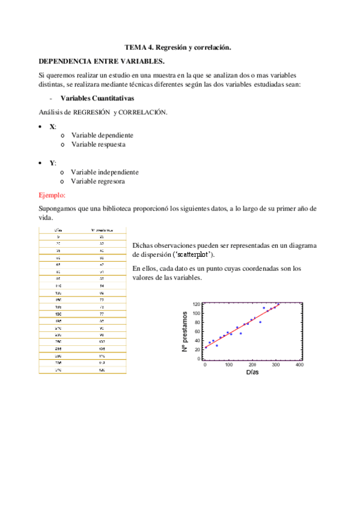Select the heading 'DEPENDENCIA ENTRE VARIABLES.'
coord(101,61)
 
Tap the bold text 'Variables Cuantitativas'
coord(97,99)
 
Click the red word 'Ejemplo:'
coord(52,195)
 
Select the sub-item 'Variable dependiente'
coord(102,135)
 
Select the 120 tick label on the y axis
coord(197,304)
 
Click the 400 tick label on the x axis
coord(299,365)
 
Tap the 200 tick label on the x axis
coord(252,365)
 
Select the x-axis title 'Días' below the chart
coord(252,373)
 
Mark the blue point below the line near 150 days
coord(240,333)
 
